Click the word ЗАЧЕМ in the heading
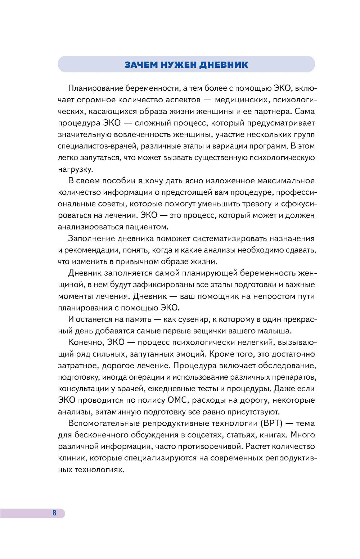(141, 65)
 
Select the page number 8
(54, 513)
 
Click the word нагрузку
(75, 169)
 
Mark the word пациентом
(147, 227)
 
